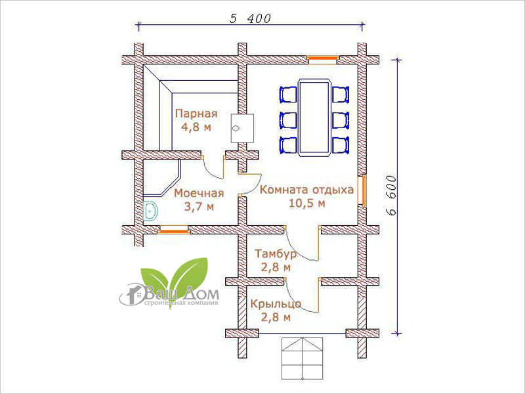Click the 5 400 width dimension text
[250, 18]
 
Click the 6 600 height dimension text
[390, 195]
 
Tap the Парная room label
[196, 114]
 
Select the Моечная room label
[199, 193]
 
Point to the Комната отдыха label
[306, 190]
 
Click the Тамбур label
[276, 253]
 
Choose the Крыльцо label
[276, 303]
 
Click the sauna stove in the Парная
[241, 128]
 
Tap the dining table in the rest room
[314, 118]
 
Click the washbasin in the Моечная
[150, 211]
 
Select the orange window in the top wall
[322, 60]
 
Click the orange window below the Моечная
[173, 230]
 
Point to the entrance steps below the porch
[303, 358]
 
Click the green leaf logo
[175, 280]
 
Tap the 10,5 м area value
[306, 204]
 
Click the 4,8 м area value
[196, 127]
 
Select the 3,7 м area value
[199, 207]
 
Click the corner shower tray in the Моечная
[162, 177]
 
